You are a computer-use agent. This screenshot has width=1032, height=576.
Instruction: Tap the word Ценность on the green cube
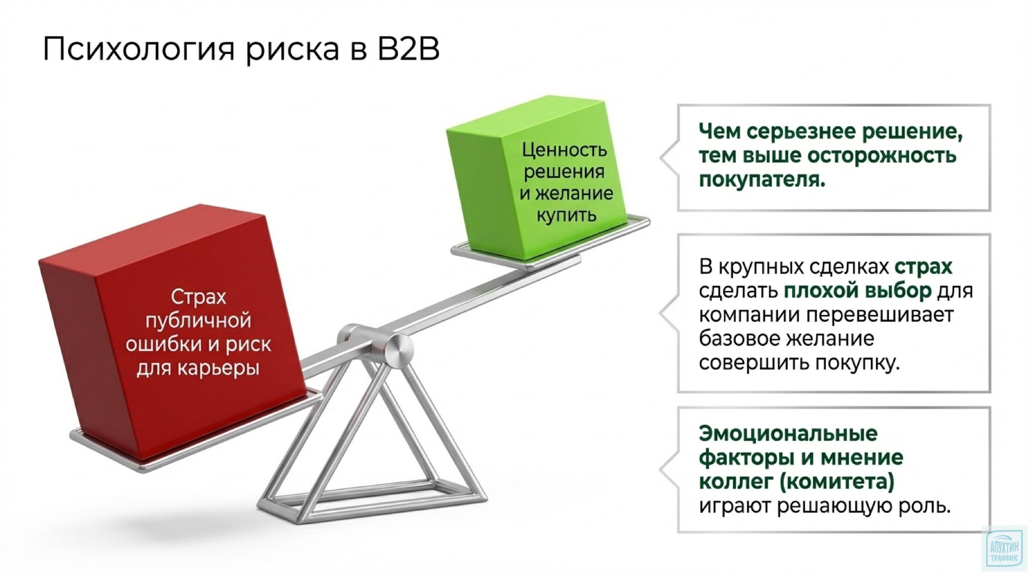click(x=564, y=151)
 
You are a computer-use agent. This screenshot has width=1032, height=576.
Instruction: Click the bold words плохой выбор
click(x=857, y=291)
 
